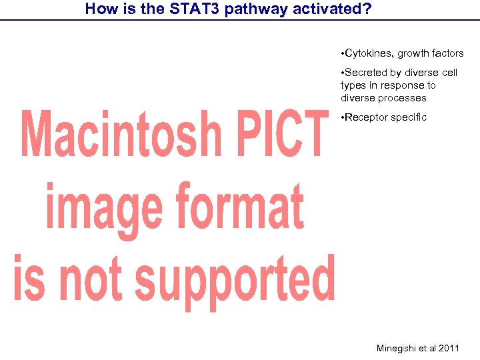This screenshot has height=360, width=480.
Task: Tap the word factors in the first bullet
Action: (448, 53)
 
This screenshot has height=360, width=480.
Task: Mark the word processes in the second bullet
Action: (403, 98)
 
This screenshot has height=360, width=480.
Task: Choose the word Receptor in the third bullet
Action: (367, 117)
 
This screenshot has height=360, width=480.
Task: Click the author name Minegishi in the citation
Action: (397, 348)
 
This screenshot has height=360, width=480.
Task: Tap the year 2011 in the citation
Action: (449, 348)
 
